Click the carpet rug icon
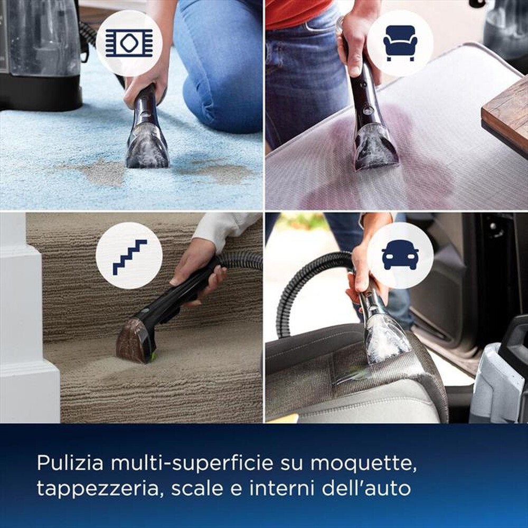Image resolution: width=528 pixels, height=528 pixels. click(129, 43)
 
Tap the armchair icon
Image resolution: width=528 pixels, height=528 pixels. click(400, 43)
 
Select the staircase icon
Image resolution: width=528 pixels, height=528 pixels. click(129, 256)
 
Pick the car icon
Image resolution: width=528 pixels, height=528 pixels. click(400, 256)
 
